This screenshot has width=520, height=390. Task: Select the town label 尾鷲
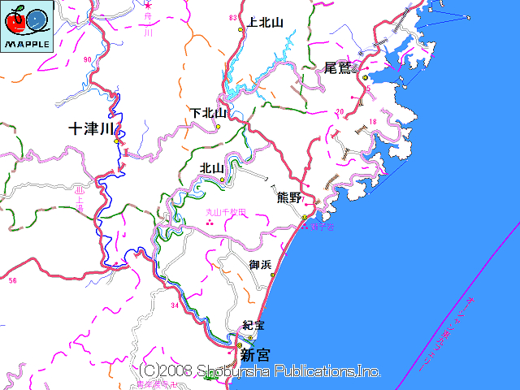(338, 67)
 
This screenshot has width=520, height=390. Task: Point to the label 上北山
(265, 23)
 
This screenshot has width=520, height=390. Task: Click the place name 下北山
(209, 113)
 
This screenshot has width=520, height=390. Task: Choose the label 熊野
(289, 197)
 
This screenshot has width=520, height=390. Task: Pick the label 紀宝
(254, 325)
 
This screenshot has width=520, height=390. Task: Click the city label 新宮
(254, 354)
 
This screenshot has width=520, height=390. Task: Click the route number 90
(87, 60)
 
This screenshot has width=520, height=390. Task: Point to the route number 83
(234, 17)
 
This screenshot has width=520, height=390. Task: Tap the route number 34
(175, 305)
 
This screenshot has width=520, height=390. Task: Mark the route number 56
(12, 280)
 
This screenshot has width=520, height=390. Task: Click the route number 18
(373, 122)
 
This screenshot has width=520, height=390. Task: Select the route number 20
(340, 110)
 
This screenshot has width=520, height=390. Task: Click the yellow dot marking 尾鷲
(365, 77)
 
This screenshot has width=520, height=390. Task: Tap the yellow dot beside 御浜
(272, 275)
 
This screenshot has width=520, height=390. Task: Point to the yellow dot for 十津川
(117, 141)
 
